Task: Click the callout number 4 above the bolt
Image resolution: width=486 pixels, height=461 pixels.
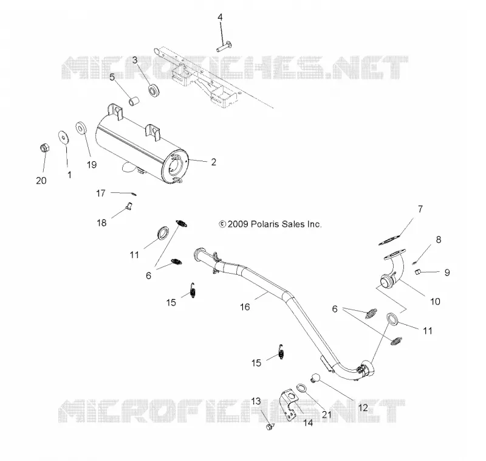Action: (220, 17)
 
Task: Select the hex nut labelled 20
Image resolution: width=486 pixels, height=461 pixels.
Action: (44, 148)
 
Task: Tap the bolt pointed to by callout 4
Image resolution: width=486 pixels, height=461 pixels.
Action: (225, 46)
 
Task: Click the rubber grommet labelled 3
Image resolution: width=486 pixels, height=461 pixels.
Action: (154, 90)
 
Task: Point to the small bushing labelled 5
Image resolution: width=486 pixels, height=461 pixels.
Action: (134, 101)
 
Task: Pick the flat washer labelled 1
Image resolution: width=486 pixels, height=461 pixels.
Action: (64, 137)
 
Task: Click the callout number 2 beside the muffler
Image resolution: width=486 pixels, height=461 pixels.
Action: (214, 162)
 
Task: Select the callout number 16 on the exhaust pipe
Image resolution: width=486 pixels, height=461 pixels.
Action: (245, 307)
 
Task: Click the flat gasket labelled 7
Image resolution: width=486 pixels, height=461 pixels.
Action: (389, 240)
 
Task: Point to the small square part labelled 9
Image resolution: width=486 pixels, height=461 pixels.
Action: (418, 272)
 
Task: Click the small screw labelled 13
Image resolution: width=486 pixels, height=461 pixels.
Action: (269, 426)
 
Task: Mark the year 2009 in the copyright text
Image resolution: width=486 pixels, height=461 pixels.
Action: (238, 224)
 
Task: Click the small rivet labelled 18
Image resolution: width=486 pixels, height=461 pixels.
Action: (129, 206)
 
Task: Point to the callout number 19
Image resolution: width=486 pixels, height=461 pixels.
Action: (92, 165)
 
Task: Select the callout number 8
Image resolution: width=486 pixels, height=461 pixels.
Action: (438, 240)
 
